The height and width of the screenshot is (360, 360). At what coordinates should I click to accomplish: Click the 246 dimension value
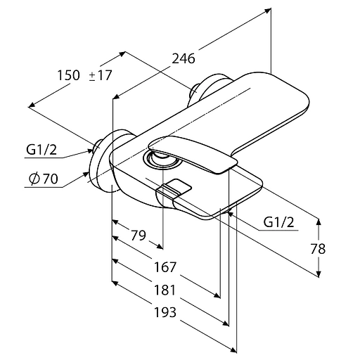pyautogui.click(x=184, y=58)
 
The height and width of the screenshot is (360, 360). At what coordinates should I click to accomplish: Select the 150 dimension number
pyautogui.click(x=69, y=75)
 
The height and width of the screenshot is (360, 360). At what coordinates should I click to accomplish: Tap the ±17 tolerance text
pyautogui.click(x=101, y=75)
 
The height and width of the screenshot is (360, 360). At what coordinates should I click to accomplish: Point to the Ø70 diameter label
pyautogui.click(x=44, y=179)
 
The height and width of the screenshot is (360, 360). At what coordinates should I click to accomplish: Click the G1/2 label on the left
pyautogui.click(x=41, y=150)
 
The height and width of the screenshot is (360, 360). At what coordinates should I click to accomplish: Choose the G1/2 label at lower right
pyautogui.click(x=278, y=222)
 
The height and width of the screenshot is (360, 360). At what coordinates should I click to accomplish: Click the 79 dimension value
pyautogui.click(x=139, y=236)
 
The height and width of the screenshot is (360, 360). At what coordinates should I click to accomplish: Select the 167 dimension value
pyautogui.click(x=165, y=267)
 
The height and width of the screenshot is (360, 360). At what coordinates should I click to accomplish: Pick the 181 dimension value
pyautogui.click(x=165, y=290)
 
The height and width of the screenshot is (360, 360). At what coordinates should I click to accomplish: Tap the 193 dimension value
pyautogui.click(x=165, y=312)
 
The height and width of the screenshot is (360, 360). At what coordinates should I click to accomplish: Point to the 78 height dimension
pyautogui.click(x=318, y=249)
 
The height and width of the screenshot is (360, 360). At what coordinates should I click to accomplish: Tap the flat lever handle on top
pyautogui.click(x=193, y=155)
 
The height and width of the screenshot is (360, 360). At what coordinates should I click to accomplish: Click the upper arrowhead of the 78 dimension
pyautogui.click(x=319, y=222)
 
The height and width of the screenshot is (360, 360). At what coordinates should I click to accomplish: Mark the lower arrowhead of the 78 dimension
pyautogui.click(x=319, y=274)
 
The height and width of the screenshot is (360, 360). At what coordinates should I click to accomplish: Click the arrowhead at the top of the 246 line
pyautogui.click(x=268, y=11)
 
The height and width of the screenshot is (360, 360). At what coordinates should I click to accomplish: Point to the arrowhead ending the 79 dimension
pyautogui.click(x=160, y=246)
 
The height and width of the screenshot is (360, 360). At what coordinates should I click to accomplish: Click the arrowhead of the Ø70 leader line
pyautogui.click(x=86, y=174)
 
